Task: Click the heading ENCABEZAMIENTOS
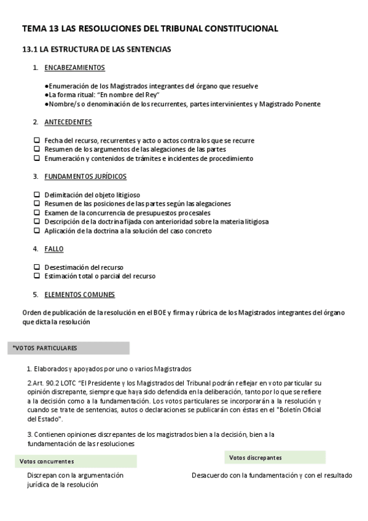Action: tap(74, 68)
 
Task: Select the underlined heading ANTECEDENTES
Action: tap(68, 122)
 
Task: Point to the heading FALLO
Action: tap(53, 249)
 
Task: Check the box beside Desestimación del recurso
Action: tap(37, 267)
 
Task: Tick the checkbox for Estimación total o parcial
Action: tap(37, 276)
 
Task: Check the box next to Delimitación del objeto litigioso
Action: tap(37, 195)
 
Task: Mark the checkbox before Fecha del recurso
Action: tap(37, 141)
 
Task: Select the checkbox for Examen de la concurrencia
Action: tap(37, 213)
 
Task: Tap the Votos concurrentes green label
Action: tap(47, 461)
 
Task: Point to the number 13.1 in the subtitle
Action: tap(30, 49)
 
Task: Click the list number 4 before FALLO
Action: tap(35, 249)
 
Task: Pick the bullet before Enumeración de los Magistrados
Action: tap(47, 87)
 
